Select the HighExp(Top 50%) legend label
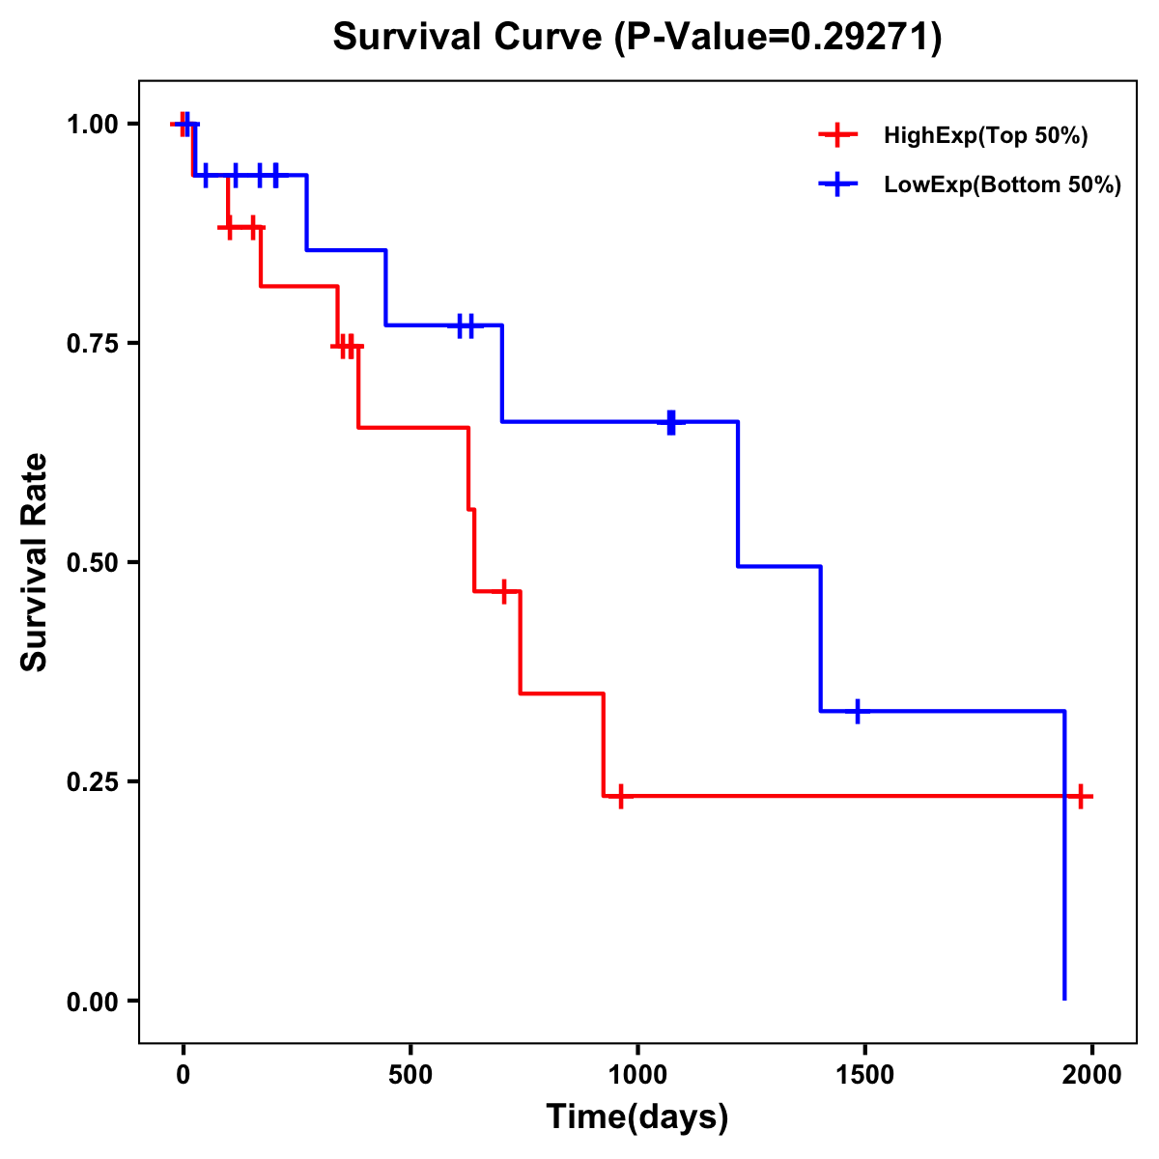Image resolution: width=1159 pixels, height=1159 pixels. (x=985, y=135)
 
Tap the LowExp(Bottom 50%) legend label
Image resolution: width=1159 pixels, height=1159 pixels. (x=1003, y=184)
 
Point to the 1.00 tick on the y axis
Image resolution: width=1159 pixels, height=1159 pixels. (x=92, y=124)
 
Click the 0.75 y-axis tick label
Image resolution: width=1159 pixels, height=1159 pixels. (x=92, y=343)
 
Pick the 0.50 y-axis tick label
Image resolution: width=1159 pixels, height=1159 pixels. (x=92, y=562)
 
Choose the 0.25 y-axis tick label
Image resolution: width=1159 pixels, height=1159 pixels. (x=92, y=781)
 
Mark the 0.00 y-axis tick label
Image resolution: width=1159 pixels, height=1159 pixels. (x=92, y=1001)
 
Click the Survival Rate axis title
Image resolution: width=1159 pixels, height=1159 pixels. (x=35, y=562)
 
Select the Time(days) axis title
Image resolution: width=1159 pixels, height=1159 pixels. (x=637, y=1117)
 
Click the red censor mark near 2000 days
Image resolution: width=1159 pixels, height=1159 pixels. (x=1082, y=796)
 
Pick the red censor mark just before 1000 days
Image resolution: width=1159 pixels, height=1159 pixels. (x=620, y=796)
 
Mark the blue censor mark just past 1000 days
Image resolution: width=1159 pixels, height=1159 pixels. (x=671, y=422)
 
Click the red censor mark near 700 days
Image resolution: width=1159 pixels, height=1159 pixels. (x=503, y=591)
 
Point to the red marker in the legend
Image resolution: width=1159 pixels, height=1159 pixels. (x=837, y=135)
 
